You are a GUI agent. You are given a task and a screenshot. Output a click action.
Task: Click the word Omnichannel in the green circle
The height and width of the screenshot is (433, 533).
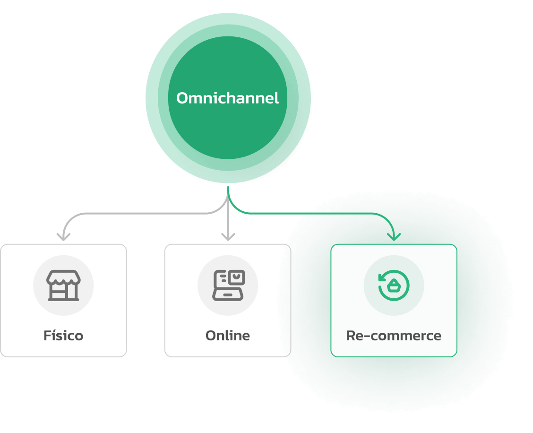[227, 98]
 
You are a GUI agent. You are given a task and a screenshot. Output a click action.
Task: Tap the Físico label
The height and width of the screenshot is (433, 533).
[63, 336]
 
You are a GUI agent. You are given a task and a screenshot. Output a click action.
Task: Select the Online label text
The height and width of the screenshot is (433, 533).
[228, 336]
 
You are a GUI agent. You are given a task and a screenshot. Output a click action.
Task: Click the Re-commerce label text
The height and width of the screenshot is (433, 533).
[394, 336]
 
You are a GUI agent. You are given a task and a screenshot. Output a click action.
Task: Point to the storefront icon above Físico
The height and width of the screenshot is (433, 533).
[63, 286]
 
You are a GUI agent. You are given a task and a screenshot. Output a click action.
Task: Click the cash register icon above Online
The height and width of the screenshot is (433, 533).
[228, 286]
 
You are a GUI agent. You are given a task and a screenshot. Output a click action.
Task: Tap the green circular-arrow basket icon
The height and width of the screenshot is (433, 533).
[394, 286]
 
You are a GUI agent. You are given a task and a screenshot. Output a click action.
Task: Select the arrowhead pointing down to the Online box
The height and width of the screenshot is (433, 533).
[228, 235]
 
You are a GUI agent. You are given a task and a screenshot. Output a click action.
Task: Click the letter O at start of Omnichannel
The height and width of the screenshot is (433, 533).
[183, 98]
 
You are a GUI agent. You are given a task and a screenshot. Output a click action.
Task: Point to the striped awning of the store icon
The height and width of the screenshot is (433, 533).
[63, 279]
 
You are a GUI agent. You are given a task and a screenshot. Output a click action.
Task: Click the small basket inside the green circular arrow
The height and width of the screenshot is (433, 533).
[394, 286]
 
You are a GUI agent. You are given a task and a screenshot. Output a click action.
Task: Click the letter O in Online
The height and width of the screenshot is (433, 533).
[211, 336]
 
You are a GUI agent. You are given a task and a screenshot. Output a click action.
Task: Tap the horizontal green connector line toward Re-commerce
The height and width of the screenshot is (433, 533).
[312, 214]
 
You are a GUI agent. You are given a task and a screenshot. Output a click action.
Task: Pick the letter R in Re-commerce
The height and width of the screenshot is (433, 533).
[351, 336]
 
